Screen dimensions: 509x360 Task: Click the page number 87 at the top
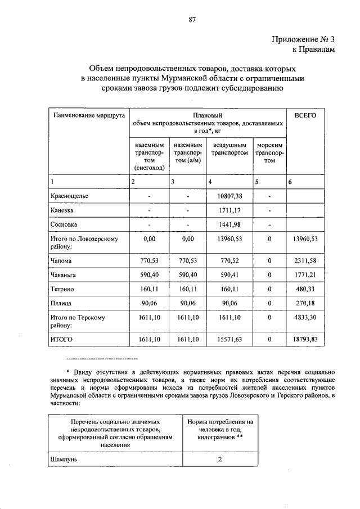point(192,20)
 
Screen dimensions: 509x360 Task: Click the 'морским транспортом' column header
point(269,152)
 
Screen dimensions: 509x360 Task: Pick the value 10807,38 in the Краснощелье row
point(228,196)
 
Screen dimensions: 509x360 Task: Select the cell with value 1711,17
point(228,211)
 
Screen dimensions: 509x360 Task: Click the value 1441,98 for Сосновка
point(228,225)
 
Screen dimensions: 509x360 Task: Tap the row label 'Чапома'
point(61,262)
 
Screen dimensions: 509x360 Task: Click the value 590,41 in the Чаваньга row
point(228,276)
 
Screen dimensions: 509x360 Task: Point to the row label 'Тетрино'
point(62,289)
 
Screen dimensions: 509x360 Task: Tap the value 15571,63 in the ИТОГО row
point(228,340)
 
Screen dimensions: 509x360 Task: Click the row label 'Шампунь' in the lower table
point(64,460)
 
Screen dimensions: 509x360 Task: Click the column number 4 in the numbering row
point(210,182)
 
